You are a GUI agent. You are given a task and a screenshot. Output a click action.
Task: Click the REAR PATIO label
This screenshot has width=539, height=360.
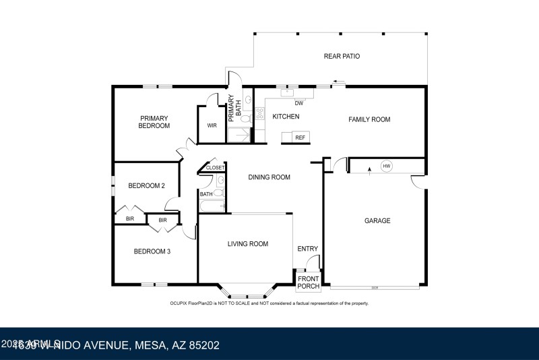(x=342, y=57)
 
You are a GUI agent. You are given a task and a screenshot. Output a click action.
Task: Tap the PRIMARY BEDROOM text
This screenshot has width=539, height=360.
(x=154, y=122)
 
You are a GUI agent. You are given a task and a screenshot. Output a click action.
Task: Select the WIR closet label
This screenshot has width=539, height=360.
(x=212, y=125)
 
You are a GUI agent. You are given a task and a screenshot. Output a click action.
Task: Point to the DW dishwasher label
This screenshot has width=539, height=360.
(x=300, y=103)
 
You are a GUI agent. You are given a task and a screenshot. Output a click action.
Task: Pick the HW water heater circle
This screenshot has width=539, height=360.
(x=387, y=166)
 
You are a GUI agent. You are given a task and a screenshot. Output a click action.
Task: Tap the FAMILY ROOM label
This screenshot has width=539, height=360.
(x=369, y=119)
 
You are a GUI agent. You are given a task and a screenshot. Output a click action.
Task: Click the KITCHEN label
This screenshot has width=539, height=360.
(x=286, y=117)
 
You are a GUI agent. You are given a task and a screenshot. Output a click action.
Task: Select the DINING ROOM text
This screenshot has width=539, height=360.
(x=269, y=177)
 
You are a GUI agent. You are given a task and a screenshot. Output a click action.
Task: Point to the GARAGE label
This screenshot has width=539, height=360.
(x=377, y=220)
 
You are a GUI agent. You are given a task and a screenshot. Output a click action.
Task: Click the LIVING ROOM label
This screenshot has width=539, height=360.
(x=247, y=244)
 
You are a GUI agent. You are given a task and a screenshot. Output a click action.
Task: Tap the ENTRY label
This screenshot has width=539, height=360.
(x=307, y=249)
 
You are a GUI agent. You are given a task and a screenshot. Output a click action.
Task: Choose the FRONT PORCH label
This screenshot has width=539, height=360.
(x=309, y=282)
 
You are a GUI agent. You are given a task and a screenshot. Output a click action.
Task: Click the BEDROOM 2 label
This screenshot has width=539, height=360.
(x=147, y=185)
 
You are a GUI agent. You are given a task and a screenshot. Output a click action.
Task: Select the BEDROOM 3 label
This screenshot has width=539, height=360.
(x=152, y=251)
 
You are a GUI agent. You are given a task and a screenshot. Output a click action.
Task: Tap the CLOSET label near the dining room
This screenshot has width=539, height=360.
(x=216, y=167)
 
